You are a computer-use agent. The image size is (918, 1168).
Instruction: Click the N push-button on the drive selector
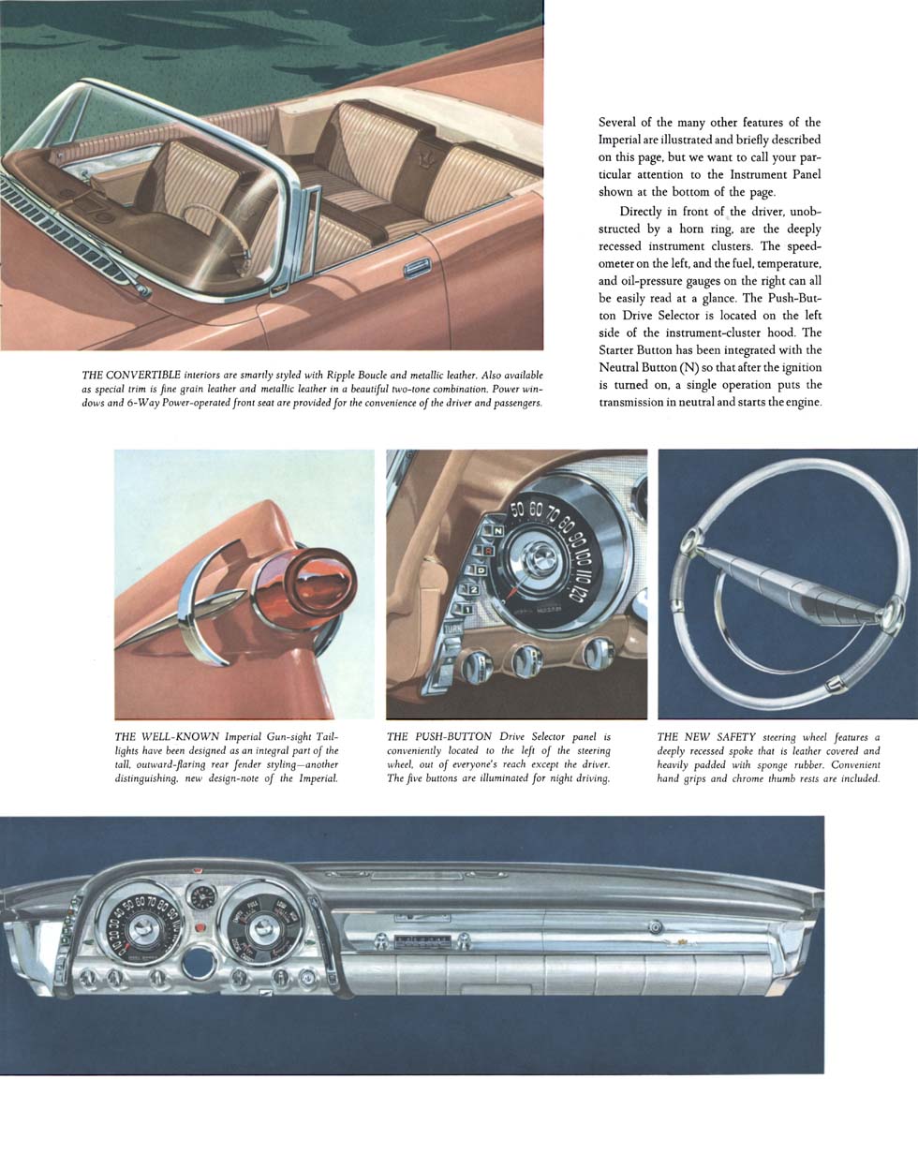coord(499,531)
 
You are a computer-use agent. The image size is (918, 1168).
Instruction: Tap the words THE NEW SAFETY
coord(706,737)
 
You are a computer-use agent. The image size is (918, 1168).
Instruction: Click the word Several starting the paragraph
coord(622,123)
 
